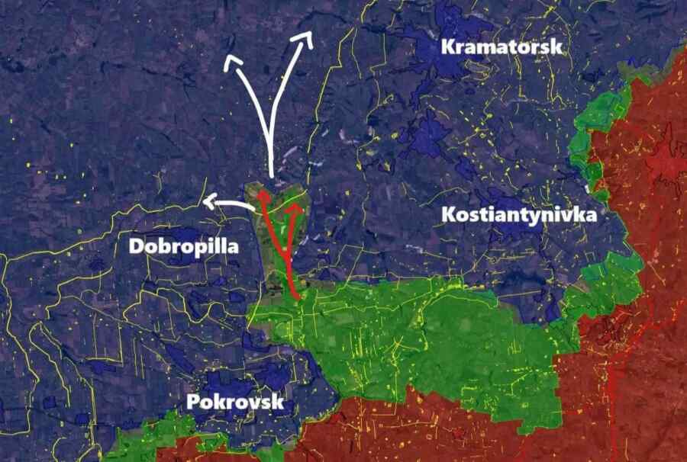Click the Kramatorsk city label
[502, 47]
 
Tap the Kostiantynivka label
[519, 215]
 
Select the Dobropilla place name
[183, 246]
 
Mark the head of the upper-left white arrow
[232, 60]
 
